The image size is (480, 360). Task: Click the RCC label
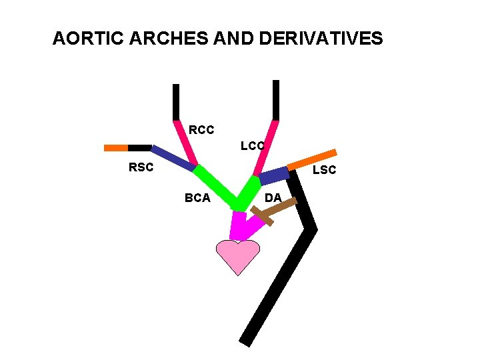pos(201,130)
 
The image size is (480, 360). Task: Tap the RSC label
pos(141,168)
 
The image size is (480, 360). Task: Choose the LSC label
pos(324,170)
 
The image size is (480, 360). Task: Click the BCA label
pos(197,197)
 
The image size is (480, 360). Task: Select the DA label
pos(273,197)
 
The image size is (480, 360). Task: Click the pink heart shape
pos(237,256)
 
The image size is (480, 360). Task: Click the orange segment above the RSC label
pos(116,147)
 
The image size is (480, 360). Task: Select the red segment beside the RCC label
pos(185,143)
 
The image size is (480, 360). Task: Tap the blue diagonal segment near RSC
pos(173,158)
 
